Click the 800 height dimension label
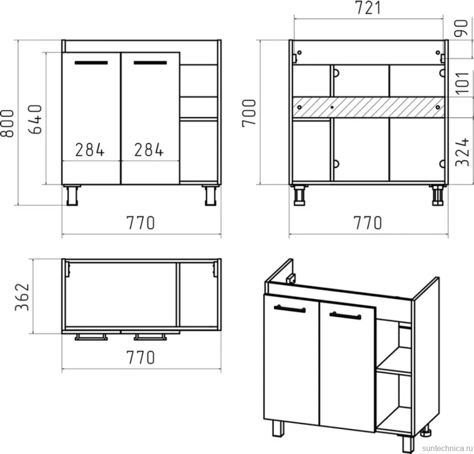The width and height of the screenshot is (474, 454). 7,123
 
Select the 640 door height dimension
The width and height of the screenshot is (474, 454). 35,119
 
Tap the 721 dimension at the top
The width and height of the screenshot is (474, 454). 368,8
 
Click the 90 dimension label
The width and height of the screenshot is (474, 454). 461,28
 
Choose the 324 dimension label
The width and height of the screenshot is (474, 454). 462,152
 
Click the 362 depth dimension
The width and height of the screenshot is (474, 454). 22,297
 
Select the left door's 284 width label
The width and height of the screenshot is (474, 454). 90,150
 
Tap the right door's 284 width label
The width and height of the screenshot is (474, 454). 149,150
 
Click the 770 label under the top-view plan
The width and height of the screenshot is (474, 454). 141,357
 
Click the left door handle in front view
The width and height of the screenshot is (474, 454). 91,63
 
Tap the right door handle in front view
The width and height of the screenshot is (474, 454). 150,63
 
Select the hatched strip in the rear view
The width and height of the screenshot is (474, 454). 368,107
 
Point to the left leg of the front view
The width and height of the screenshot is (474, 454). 72,195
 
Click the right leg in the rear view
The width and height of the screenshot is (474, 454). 437,195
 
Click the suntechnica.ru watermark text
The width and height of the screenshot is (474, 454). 448,448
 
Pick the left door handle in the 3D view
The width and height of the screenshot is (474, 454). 290,308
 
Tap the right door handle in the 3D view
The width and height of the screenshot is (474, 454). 345,316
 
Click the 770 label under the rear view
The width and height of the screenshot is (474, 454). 368,223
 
